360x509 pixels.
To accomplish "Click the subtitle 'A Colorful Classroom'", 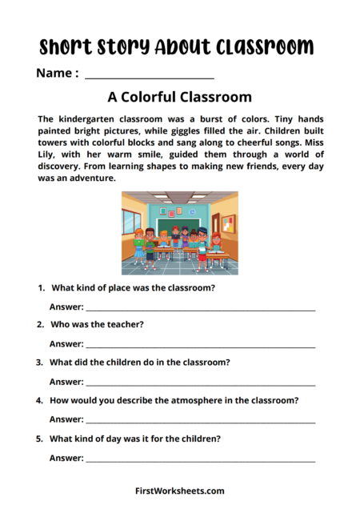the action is coord(179,98).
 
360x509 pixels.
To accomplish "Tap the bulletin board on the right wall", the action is coord(228,223).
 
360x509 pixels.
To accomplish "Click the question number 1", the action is coord(40,287).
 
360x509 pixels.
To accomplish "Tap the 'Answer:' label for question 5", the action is coord(66,459).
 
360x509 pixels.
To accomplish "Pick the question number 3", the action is coord(40,363).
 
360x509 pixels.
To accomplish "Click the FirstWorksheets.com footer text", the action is coord(180,491).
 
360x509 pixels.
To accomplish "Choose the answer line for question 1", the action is coord(200,309).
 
